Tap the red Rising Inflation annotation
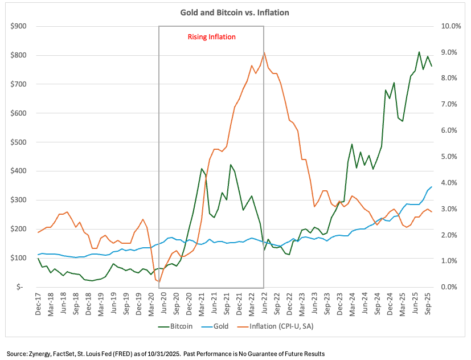coord(211,36)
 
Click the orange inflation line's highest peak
coord(264,52)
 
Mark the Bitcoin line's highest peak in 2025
coord(419,52)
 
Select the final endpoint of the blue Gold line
coord(432,187)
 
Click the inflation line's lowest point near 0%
coord(159,282)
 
